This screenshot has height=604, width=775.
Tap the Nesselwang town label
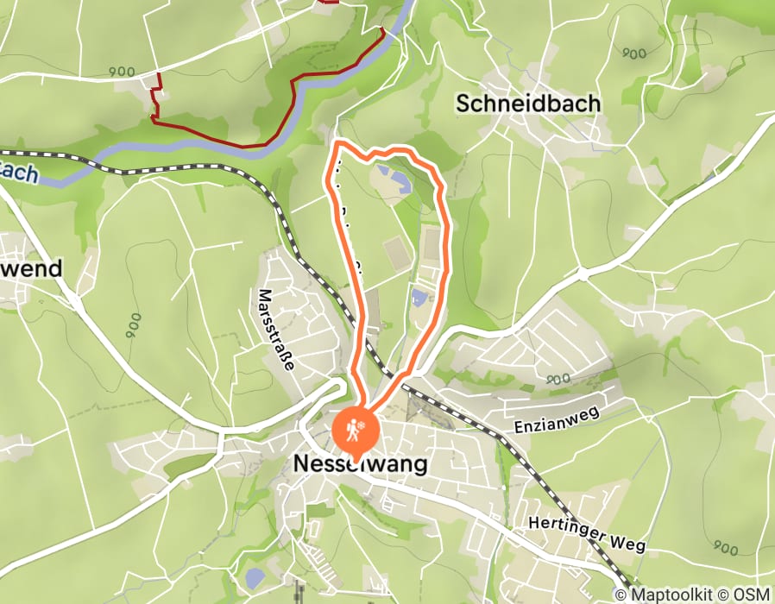(x=361, y=464)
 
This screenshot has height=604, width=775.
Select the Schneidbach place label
(x=528, y=104)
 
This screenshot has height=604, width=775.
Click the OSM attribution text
(x=753, y=595)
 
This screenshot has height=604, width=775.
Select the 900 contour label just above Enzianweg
(x=558, y=378)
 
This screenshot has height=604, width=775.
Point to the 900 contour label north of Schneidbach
(x=633, y=53)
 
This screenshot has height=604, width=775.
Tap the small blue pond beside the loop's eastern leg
(x=419, y=299)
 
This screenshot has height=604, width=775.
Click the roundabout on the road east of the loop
(x=582, y=275)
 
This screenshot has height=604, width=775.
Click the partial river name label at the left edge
(x=19, y=173)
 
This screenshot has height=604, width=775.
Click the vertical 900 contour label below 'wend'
(x=133, y=325)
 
